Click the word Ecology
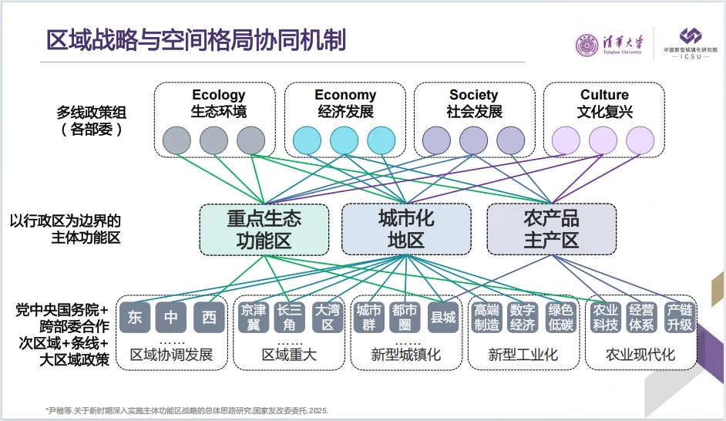point(219,96)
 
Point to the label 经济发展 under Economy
point(345,112)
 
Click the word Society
point(474,96)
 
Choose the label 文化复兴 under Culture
point(604,112)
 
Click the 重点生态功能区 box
point(264,230)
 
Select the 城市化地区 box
point(406,230)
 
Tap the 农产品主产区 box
point(551,230)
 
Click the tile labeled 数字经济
point(523,317)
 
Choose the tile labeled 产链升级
point(679,317)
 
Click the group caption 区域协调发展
point(171,355)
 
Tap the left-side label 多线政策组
point(92,113)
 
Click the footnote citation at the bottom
point(186,410)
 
